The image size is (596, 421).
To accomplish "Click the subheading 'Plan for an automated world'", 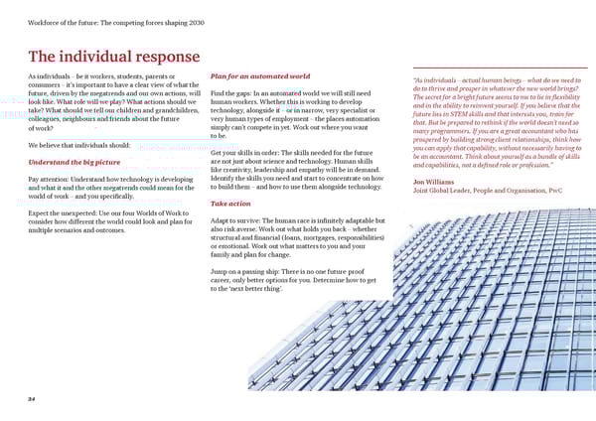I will tap(260, 76).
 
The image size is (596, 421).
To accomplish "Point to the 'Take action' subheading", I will tap(230, 203).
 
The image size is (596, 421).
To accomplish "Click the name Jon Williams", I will tap(435, 181).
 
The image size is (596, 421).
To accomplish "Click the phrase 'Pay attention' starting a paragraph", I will tap(50, 178).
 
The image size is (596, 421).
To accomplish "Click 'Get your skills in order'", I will tap(253, 153).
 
